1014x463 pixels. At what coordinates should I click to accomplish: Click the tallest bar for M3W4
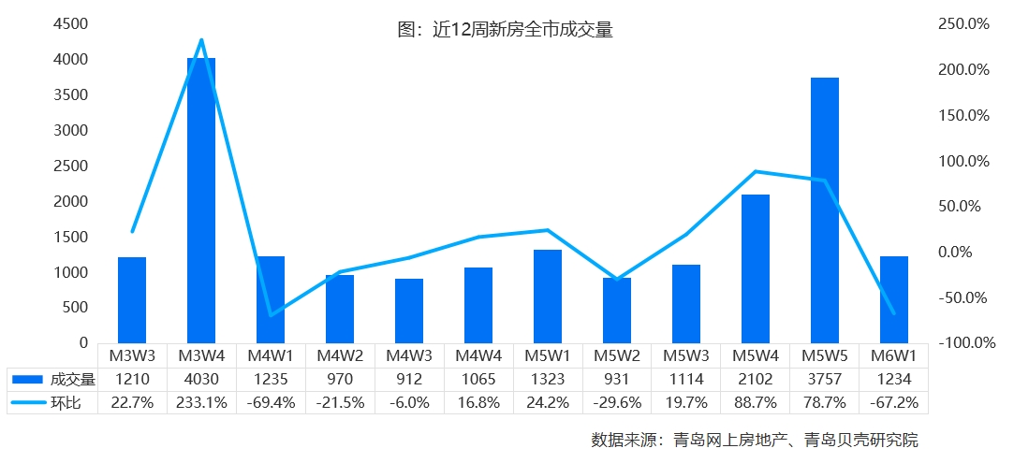[x=201, y=200]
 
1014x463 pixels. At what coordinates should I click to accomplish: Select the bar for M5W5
[x=825, y=210]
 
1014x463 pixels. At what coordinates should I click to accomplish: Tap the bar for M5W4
[x=756, y=268]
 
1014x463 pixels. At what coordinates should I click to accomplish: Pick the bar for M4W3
[x=409, y=311]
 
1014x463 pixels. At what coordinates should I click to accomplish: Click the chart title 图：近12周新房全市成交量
[x=506, y=30]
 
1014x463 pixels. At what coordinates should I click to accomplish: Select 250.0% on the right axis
[x=963, y=24]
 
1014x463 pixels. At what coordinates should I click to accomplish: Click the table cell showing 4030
[x=201, y=379]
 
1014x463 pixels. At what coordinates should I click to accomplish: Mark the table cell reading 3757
[x=825, y=379]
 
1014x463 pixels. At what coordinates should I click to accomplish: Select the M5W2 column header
[x=617, y=355]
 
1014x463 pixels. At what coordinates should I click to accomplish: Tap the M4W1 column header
[x=271, y=355]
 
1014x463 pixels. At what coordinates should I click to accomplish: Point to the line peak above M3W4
[x=201, y=40]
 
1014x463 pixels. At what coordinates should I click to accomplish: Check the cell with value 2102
[x=756, y=379]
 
